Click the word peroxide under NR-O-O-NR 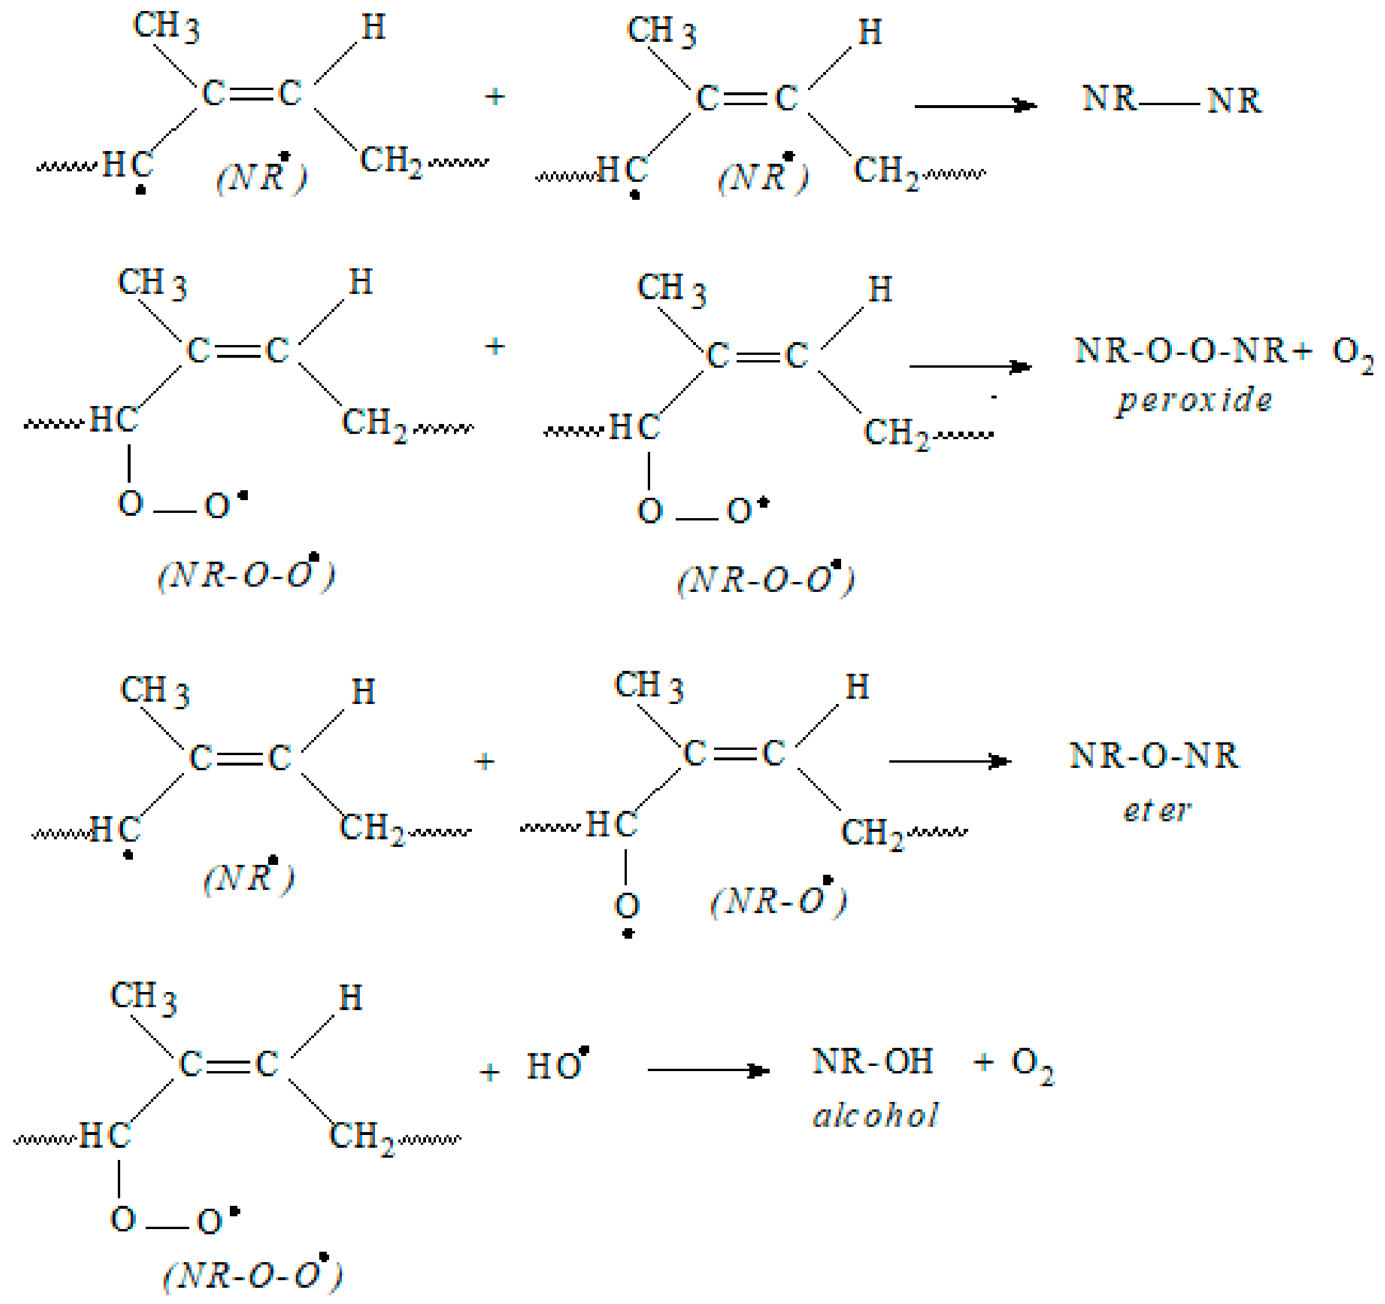[x=1195, y=401]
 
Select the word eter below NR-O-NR [x=1156, y=810]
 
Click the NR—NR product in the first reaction [x=1171, y=100]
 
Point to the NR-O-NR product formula [x=1154, y=756]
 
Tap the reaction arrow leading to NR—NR [x=975, y=106]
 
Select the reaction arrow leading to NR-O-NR [x=950, y=761]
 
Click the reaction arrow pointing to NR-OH [x=708, y=1070]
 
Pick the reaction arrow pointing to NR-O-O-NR [x=970, y=367]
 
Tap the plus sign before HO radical [x=490, y=1072]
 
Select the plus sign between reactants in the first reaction [x=495, y=96]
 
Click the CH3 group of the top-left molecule [x=166, y=27]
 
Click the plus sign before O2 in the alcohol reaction [x=983, y=1063]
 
